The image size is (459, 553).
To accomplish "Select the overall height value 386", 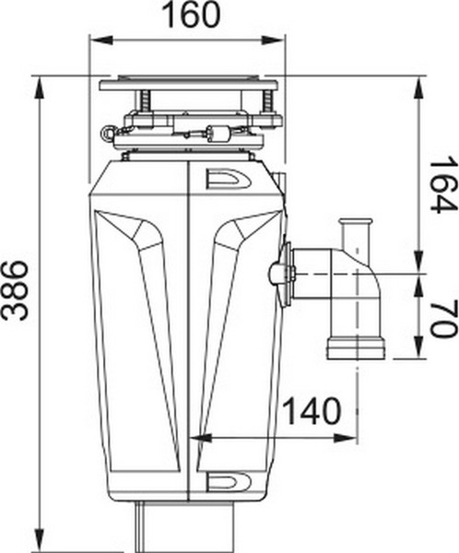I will (17, 289).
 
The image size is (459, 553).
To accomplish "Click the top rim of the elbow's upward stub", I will (355, 223).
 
